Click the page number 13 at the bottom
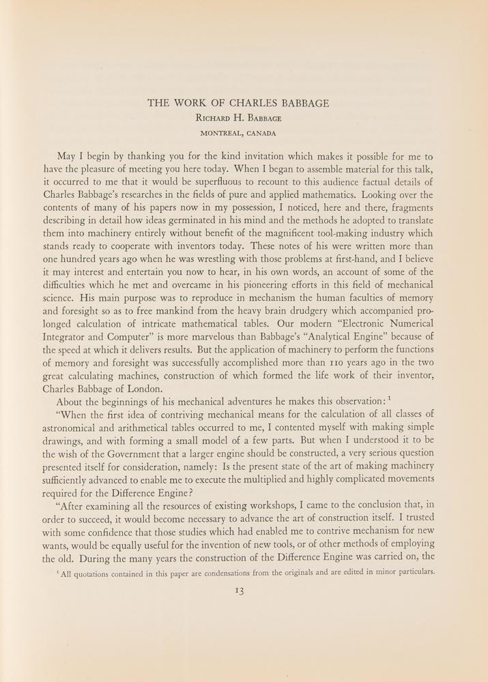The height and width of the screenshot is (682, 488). (244, 592)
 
